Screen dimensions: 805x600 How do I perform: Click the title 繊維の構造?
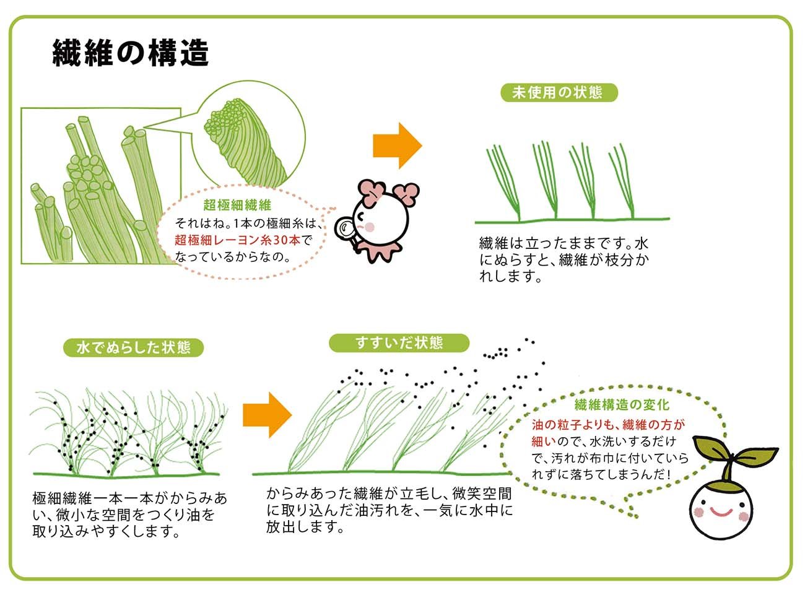coord(131,53)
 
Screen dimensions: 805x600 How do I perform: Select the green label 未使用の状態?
coord(559,93)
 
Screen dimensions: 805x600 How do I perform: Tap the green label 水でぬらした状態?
coord(134,347)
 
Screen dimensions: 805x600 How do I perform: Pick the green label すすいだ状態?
coord(399,343)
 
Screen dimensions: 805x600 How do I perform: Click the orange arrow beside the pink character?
coord(398,146)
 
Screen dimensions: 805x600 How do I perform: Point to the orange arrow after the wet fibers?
coord(268,415)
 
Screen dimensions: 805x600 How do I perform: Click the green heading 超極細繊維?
coord(237,205)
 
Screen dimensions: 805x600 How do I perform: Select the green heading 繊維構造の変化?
coord(622,405)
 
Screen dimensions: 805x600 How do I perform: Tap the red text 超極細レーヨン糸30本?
coord(238,240)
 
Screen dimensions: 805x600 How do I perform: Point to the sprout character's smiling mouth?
coord(721,513)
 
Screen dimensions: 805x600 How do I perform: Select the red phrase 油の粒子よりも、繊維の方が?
coord(608,425)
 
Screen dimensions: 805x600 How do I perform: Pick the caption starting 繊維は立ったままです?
coord(564,259)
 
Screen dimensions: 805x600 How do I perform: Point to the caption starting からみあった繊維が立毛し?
coord(389,510)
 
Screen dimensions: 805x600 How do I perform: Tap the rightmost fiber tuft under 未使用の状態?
coord(622,181)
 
